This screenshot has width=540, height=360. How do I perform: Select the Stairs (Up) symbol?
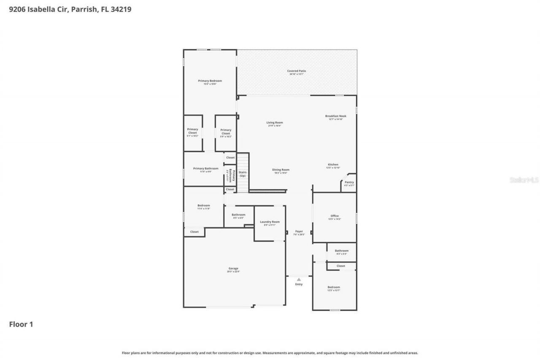[243, 173]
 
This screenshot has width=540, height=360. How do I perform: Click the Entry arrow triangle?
[299, 279]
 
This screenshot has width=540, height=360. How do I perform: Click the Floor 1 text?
[21, 324]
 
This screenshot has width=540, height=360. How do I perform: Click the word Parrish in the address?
[84, 9]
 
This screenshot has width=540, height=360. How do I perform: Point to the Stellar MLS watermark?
[524, 180]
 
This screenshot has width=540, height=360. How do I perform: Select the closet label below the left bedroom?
[194, 232]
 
